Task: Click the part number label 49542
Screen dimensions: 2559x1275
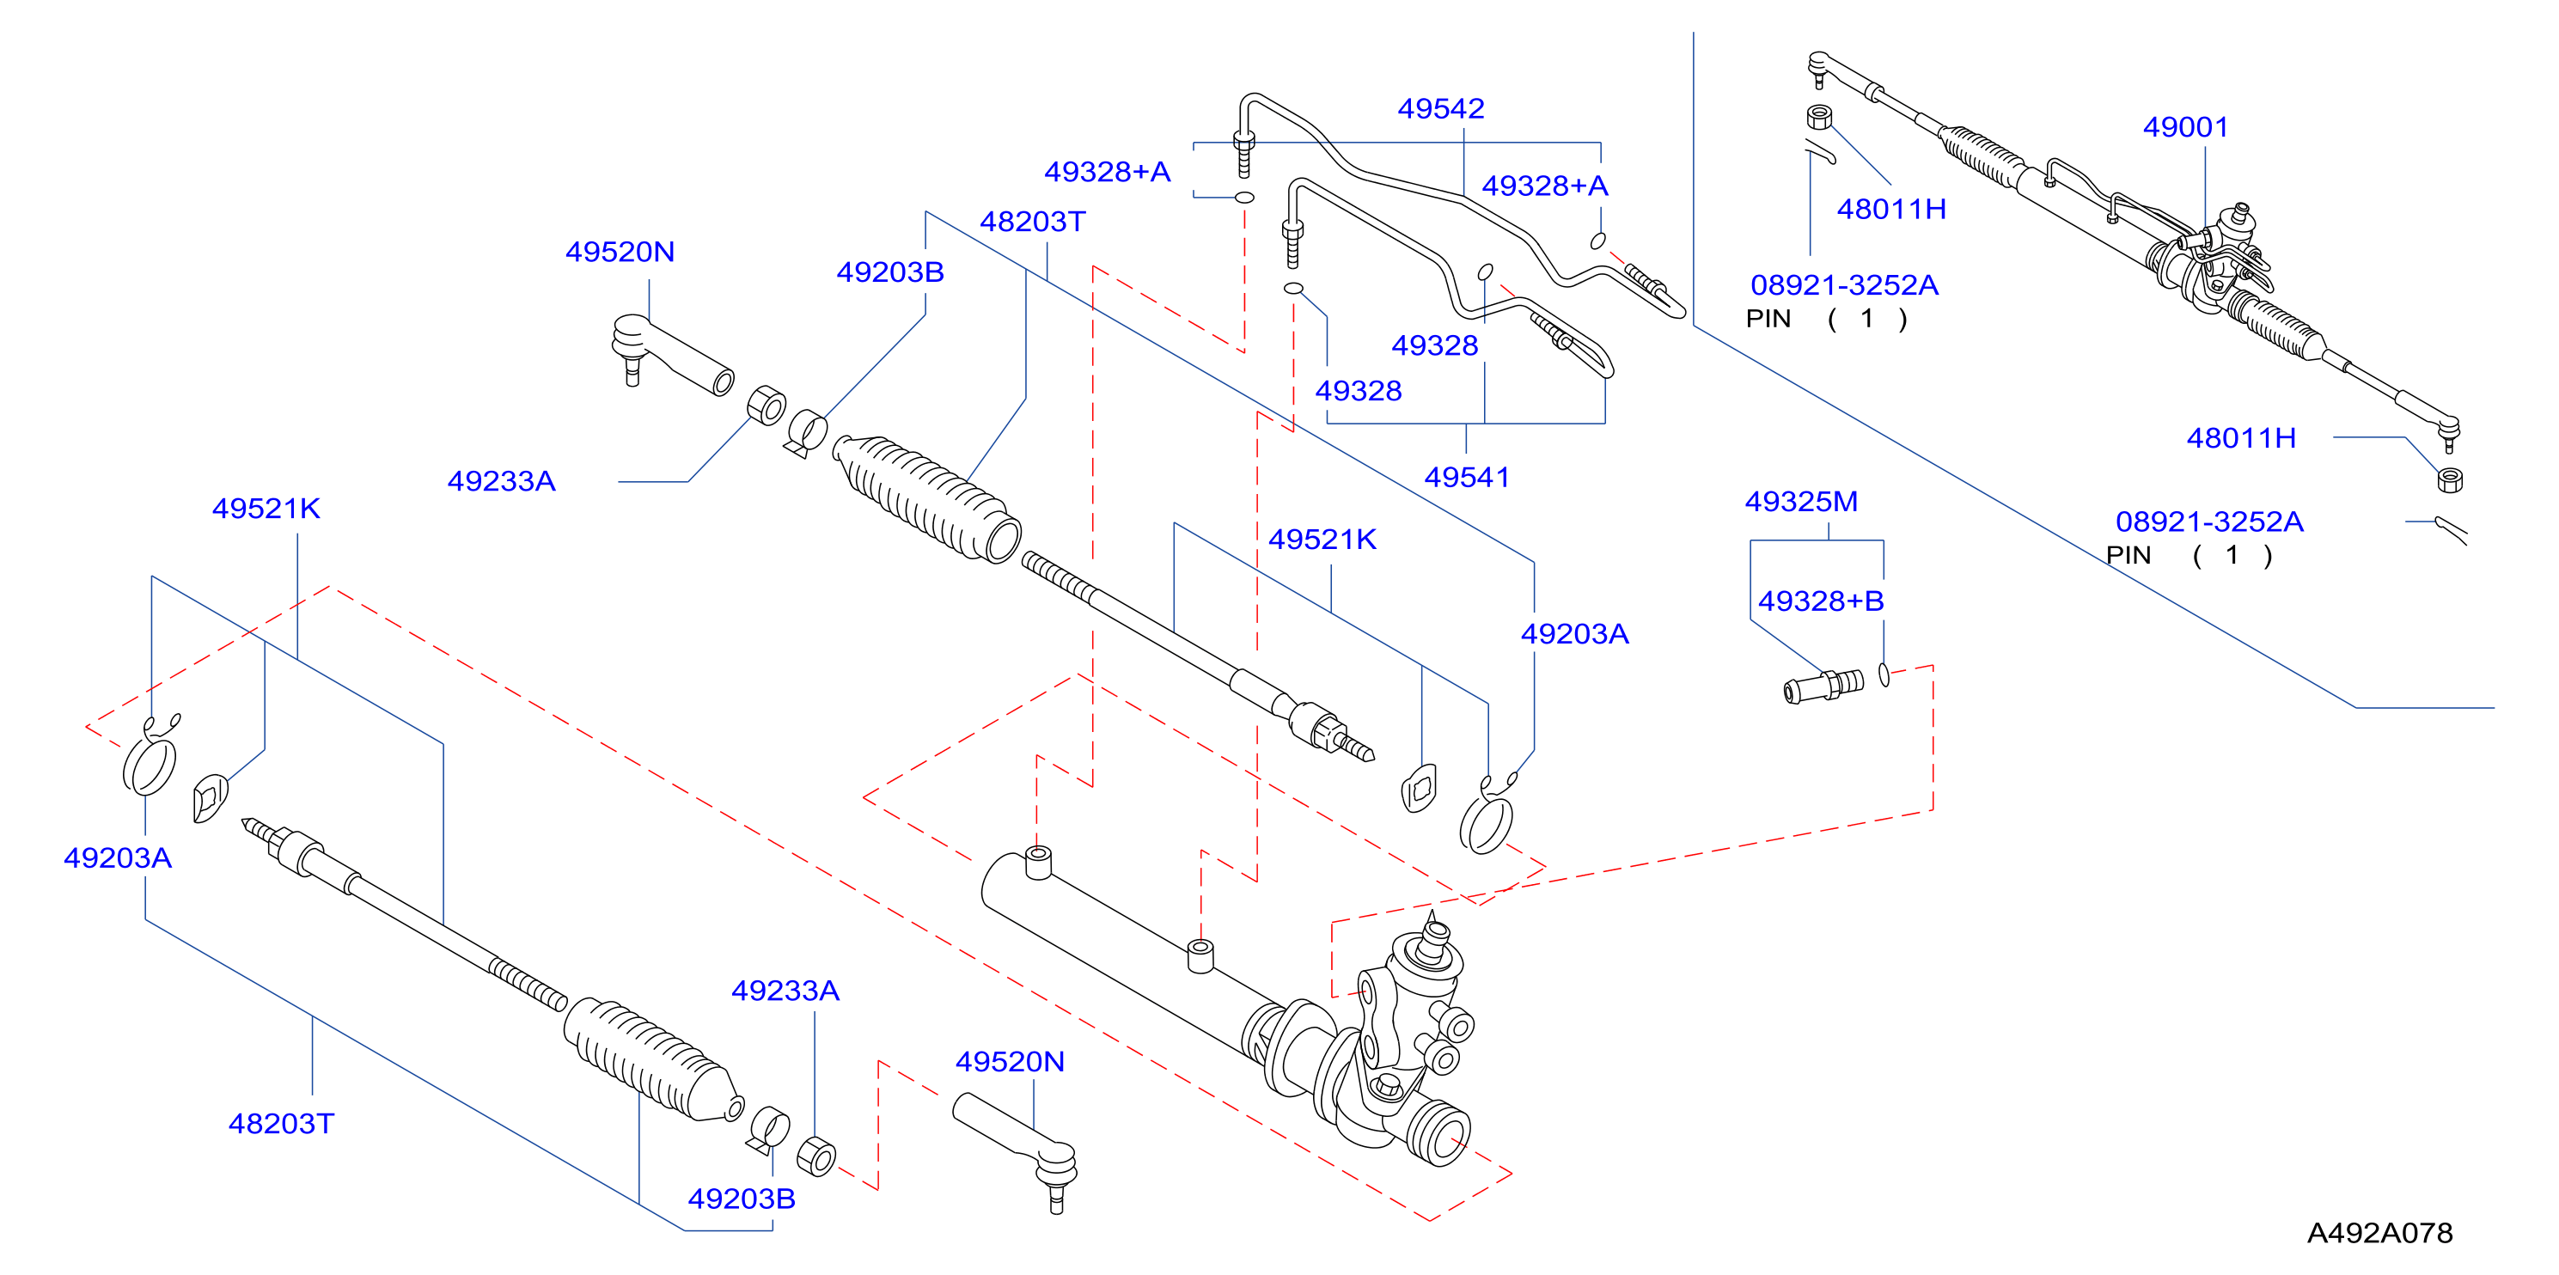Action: pyautogui.click(x=1440, y=108)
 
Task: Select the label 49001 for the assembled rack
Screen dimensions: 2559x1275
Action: pyautogui.click(x=2185, y=127)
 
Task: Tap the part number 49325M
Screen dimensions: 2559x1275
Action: pyautogui.click(x=1801, y=502)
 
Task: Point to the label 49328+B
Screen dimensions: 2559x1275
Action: pyautogui.click(x=1821, y=601)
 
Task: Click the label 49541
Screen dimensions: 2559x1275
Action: pyautogui.click(x=1466, y=478)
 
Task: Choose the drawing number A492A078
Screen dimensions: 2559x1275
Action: pyautogui.click(x=2379, y=1233)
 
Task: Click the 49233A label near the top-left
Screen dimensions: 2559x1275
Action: pyautogui.click(x=501, y=482)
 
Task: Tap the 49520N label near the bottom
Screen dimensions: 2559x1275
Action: pyautogui.click(x=1010, y=1062)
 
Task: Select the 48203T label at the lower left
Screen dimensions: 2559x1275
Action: pyautogui.click(x=281, y=1124)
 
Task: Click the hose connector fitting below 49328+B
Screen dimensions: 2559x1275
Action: pyautogui.click(x=1824, y=686)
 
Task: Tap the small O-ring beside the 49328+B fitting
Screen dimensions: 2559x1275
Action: pyautogui.click(x=1884, y=675)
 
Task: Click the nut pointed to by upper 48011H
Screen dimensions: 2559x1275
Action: pyautogui.click(x=1819, y=117)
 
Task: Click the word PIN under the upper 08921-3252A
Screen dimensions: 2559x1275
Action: pyautogui.click(x=1768, y=319)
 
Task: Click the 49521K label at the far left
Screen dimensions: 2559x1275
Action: pyautogui.click(x=266, y=509)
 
